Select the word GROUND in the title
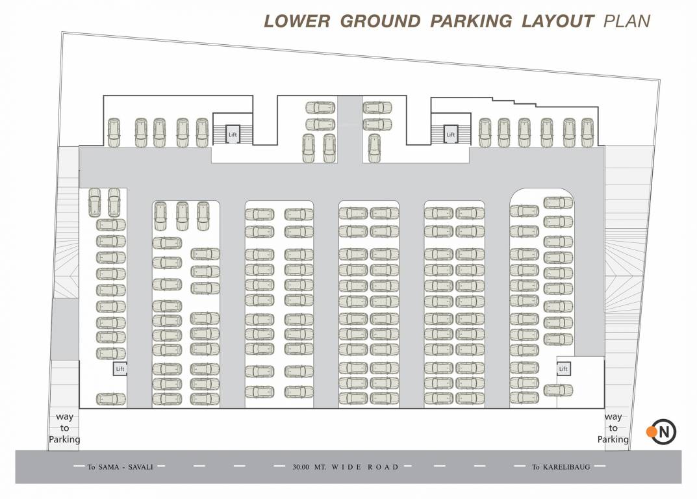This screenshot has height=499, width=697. [x=380, y=21]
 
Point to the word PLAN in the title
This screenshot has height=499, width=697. [x=627, y=21]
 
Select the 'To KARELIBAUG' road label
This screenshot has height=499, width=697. [x=561, y=467]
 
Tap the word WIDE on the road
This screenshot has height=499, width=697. [x=350, y=467]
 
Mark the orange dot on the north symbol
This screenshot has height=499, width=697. [x=651, y=431]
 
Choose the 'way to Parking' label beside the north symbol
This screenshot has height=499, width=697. [x=613, y=428]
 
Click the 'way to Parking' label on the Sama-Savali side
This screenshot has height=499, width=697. [x=64, y=428]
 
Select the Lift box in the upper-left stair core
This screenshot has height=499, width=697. [x=232, y=134]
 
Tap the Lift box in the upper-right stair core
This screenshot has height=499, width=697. [x=450, y=134]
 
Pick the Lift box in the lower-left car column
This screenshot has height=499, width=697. [x=120, y=368]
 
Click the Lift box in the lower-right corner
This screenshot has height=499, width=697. [x=563, y=368]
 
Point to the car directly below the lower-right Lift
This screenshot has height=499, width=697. [x=558, y=390]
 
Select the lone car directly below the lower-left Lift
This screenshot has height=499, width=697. [x=110, y=398]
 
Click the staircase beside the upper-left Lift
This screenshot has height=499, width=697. [x=219, y=134]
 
